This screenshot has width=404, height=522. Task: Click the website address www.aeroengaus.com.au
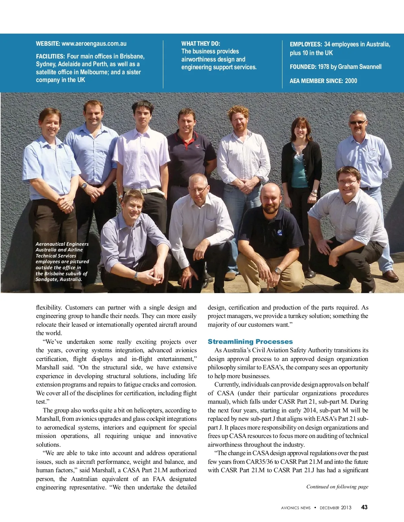point(94,44)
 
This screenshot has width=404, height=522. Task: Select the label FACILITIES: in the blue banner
point(50,56)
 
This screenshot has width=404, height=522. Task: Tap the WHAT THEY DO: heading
point(201,43)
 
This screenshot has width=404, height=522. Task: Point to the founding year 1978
point(324,67)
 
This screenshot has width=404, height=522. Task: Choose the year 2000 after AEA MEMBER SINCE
point(351,81)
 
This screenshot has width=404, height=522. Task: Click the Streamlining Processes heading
point(250,342)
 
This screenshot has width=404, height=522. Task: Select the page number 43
point(364,507)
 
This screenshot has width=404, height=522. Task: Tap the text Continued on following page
point(337,486)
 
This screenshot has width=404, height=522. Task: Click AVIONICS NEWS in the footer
point(296,508)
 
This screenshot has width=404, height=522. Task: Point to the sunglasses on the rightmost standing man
point(357,122)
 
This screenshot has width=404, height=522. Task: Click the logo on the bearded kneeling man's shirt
point(280,232)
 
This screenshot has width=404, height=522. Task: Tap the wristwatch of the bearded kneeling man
point(278,270)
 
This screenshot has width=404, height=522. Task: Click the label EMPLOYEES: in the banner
point(306,44)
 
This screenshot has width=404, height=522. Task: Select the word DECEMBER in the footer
point(330,508)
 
